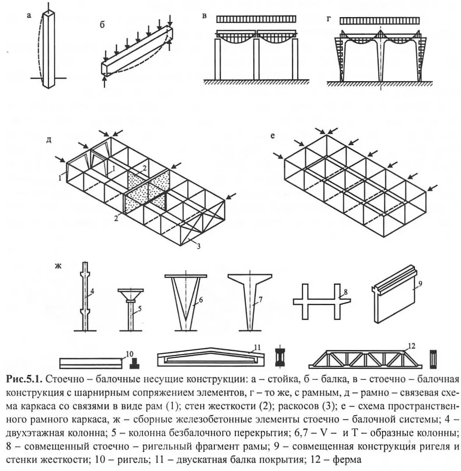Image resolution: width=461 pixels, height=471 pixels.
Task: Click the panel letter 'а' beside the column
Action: point(29,16)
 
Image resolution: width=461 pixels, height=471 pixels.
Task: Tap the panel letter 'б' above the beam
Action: point(102,25)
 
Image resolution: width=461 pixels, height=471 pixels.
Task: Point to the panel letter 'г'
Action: point(329,19)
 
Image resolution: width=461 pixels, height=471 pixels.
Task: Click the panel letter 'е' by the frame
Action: point(273,136)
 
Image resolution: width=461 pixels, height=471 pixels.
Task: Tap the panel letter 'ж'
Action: point(58,266)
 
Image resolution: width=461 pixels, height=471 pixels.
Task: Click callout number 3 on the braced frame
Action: point(199,246)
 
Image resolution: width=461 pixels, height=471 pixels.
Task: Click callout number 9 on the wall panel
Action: point(420,284)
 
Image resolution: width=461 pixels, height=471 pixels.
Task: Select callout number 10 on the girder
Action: point(129,354)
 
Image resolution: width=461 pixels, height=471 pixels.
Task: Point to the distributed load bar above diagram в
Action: point(256,19)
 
